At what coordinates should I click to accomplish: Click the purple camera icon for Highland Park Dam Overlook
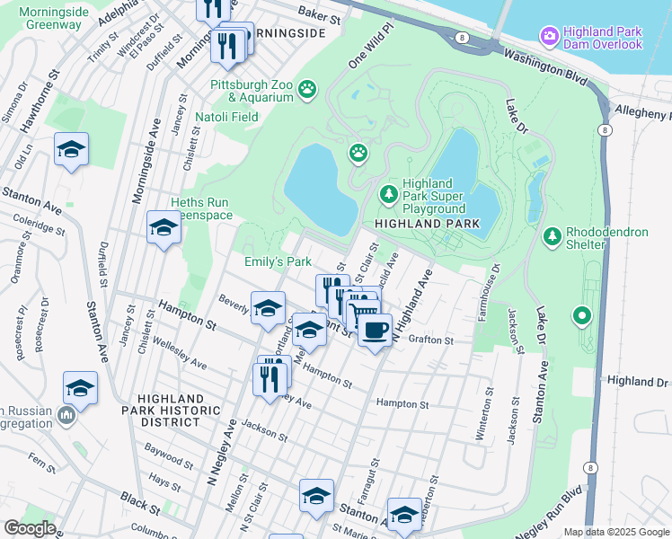(549, 36)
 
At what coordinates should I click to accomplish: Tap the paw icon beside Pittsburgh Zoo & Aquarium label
(308, 88)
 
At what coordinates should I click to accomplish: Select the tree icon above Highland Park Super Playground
(388, 193)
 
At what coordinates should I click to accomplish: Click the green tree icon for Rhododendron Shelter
(552, 238)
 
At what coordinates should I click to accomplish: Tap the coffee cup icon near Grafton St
(375, 329)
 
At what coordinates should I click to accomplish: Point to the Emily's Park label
(278, 261)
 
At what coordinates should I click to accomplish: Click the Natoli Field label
(227, 117)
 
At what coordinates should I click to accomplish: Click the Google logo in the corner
(30, 527)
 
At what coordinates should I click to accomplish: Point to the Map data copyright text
(615, 532)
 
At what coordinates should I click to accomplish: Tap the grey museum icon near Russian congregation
(66, 416)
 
